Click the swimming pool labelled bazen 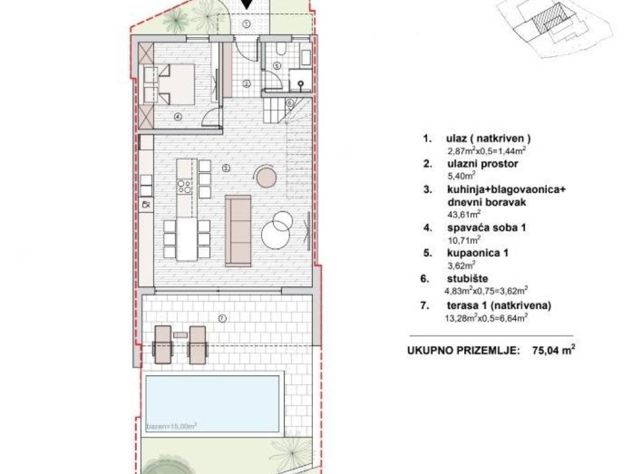tap(212, 404)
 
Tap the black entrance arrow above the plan tap(247, 4)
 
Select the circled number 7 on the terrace tap(222, 318)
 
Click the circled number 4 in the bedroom tap(178, 117)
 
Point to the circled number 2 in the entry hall tap(246, 84)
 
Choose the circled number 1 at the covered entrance tap(247, 24)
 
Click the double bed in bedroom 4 tap(175, 84)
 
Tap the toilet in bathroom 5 tap(281, 49)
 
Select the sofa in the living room tap(238, 231)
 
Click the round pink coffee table tap(266, 177)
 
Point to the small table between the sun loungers tap(180, 335)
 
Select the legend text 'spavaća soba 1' tap(486, 227)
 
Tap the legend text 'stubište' tap(468, 278)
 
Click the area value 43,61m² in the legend tap(464, 214)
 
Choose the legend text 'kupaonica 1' tap(478, 253)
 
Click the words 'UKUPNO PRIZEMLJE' tap(463, 351)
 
